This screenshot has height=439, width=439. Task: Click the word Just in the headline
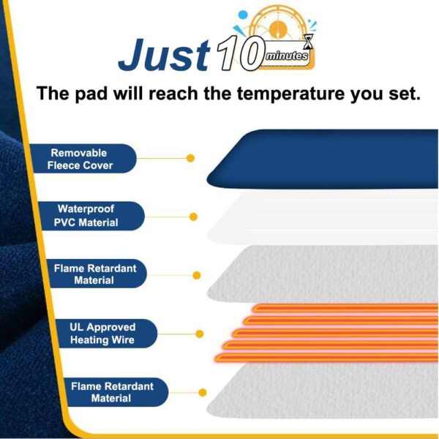[x=164, y=55]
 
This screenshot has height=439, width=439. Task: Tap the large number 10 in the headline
[x=240, y=53]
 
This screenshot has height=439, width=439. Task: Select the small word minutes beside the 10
[x=286, y=56]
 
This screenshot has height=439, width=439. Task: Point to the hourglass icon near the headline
[x=309, y=41]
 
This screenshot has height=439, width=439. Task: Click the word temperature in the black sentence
[x=291, y=94]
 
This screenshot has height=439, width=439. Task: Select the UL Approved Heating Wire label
[x=106, y=334]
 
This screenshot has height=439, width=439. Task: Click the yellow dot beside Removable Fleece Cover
[x=190, y=158]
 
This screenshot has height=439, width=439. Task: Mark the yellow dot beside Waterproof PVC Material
[x=193, y=217]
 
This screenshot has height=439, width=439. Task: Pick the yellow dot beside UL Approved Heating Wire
[x=200, y=334]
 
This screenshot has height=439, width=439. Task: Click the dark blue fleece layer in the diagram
[x=323, y=159]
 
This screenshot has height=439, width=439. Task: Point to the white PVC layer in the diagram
[x=323, y=218]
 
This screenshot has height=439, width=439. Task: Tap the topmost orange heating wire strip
[x=345, y=308]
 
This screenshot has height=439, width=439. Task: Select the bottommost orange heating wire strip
[x=326, y=358]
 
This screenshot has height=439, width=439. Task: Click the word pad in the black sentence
[x=91, y=94]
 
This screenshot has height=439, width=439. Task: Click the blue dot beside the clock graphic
[x=242, y=15]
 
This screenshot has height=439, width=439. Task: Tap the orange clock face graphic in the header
[x=278, y=28]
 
